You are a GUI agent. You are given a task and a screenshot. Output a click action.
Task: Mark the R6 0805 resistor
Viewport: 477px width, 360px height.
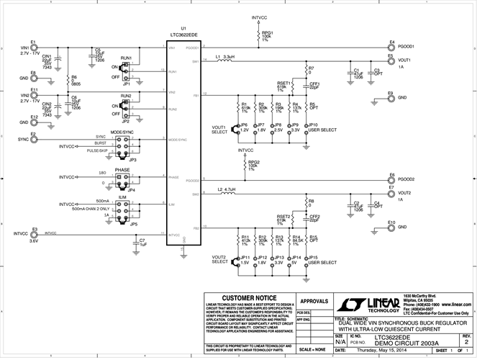pyautogui.click(x=67, y=81)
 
